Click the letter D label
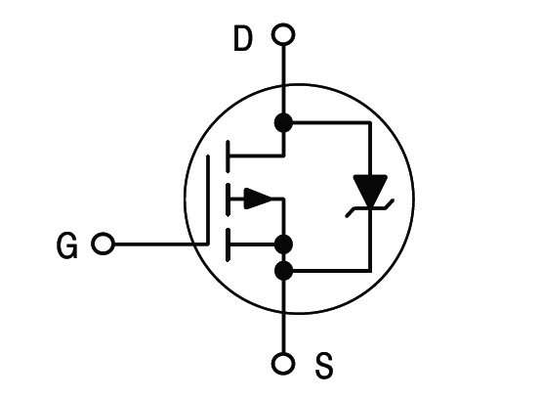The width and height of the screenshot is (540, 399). pos(243,38)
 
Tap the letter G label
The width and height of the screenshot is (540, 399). pos(67,245)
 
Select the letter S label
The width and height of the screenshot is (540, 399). pos(324,365)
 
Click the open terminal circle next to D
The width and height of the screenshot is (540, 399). pos(283,34)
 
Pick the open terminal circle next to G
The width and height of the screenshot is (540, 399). pos(103,244)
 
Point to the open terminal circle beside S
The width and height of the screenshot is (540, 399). pos(283,363)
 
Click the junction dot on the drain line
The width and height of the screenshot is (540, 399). pos(283,122)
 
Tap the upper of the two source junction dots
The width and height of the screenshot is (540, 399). pos(283,244)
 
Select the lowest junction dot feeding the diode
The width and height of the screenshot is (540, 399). pos(283,271)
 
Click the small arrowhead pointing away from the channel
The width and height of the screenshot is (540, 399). pos(258,199)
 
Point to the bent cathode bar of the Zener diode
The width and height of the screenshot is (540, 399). pos(370,208)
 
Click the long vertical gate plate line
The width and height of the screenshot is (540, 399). pos(208,199)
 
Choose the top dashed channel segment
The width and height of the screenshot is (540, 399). pos(228,156)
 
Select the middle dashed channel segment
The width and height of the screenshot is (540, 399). pos(228,200)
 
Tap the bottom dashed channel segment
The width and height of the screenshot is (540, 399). pos(228,244)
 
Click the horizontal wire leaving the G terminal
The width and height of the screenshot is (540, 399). pos(160,244)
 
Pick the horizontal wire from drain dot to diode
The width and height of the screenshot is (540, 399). pos(332,122)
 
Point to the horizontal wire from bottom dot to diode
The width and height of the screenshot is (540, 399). pos(332,271)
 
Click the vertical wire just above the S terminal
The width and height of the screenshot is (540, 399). pos(283,316)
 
